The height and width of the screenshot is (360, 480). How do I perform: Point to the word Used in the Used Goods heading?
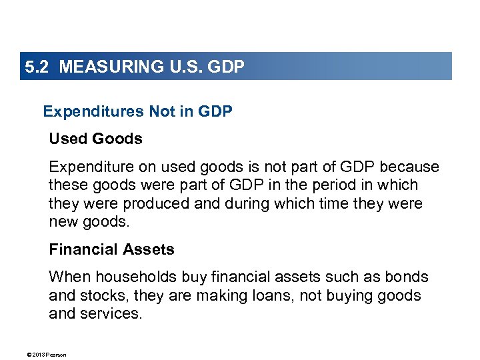69,139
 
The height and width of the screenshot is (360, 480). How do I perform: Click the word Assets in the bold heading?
151,249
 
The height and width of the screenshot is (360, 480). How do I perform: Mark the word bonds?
407,277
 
